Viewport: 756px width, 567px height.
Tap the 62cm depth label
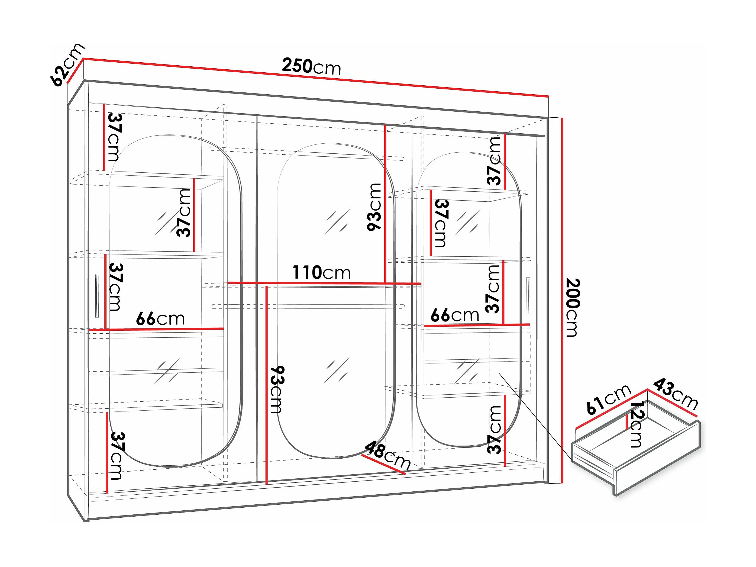[x=67, y=65]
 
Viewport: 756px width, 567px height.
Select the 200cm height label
[x=573, y=308]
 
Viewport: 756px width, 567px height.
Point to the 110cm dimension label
[x=321, y=273]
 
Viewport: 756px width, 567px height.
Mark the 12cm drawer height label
[x=637, y=424]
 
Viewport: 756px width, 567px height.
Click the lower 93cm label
[x=277, y=390]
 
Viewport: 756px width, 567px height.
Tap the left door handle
[x=97, y=296]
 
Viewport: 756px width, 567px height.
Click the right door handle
[x=528, y=296]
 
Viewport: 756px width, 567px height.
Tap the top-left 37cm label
[x=115, y=137]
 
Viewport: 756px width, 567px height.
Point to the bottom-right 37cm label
[x=495, y=430]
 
